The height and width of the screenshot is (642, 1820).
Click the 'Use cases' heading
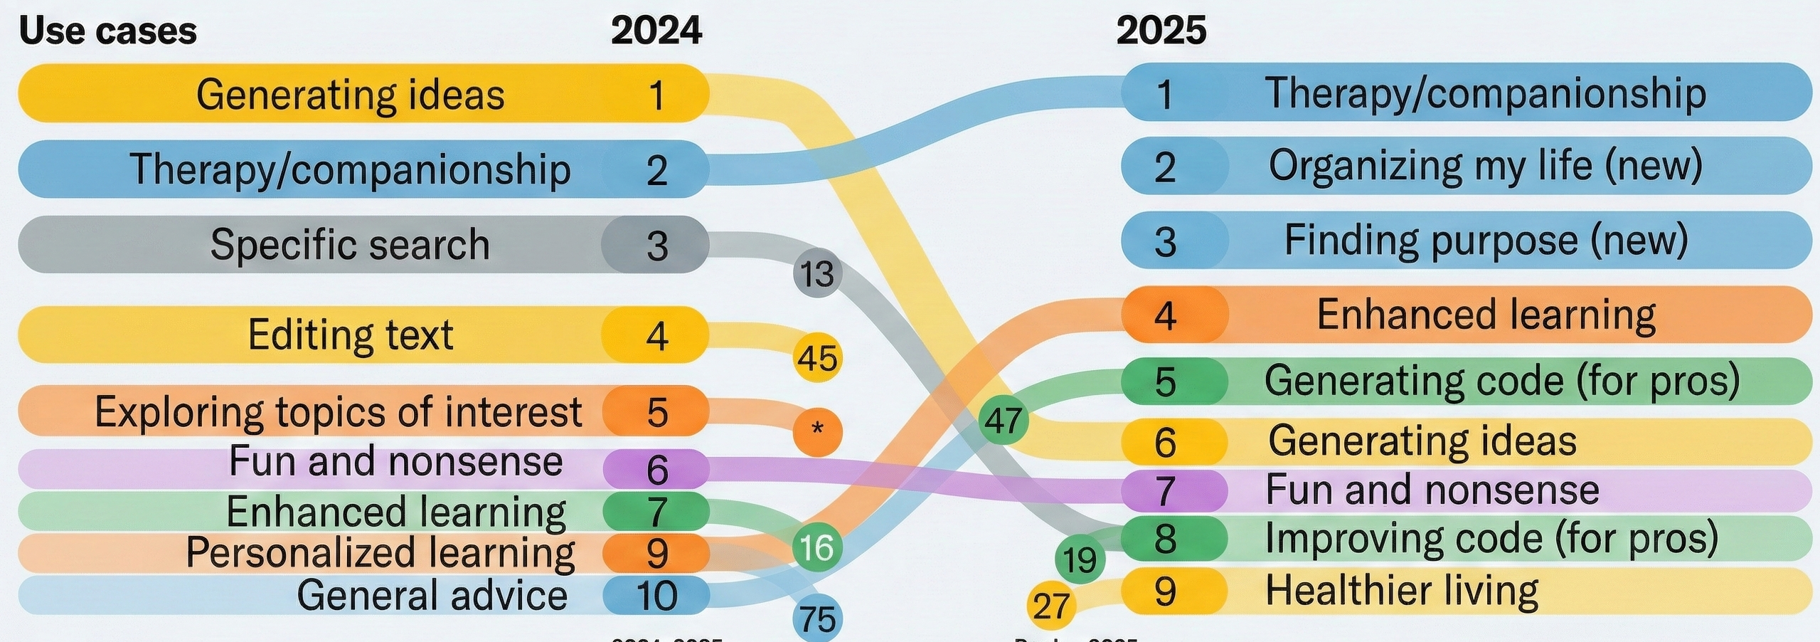tap(107, 31)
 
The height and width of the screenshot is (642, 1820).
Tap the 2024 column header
tap(656, 31)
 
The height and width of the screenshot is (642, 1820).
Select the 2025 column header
tap(1161, 31)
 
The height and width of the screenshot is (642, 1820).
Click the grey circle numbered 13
tap(817, 273)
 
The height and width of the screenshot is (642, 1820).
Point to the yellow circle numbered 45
tap(817, 358)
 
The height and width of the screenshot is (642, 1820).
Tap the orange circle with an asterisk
tap(817, 431)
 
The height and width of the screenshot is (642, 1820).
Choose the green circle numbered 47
tap(1003, 420)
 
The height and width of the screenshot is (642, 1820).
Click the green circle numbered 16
tap(816, 547)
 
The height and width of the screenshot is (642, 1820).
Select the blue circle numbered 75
tap(817, 619)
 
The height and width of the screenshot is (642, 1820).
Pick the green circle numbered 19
tap(1080, 559)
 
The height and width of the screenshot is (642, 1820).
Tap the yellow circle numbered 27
tap(1051, 606)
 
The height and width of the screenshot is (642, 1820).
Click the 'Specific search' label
tap(350, 245)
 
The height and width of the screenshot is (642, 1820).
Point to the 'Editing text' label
tap(350, 335)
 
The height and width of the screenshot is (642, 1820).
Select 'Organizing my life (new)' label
tap(1485, 166)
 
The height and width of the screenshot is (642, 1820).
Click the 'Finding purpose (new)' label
tap(1486, 241)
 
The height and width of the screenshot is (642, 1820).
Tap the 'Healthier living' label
tap(1401, 591)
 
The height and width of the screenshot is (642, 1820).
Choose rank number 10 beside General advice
tap(656, 596)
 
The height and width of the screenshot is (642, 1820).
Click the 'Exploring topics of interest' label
tap(338, 411)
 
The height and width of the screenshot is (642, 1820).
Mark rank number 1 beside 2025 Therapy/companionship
tap(1164, 94)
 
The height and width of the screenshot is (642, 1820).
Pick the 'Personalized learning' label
tap(380, 552)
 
